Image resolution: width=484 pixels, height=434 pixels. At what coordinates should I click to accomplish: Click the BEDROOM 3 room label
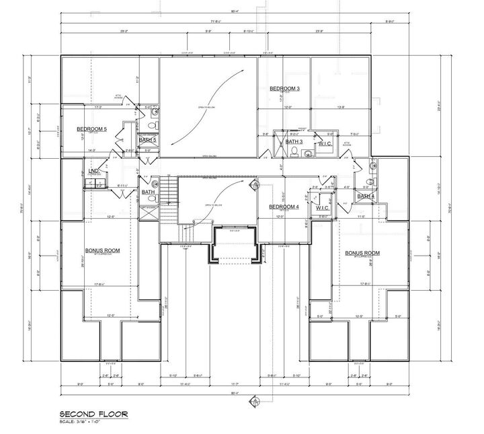[x=284, y=89]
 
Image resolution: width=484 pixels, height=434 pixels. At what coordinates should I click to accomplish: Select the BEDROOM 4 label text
[x=284, y=207]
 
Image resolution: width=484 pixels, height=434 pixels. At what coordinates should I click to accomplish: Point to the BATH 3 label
[x=294, y=142]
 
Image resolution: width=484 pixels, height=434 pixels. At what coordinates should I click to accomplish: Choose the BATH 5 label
[x=147, y=140]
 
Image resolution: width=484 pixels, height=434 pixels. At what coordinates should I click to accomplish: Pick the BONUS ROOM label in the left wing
[x=102, y=250]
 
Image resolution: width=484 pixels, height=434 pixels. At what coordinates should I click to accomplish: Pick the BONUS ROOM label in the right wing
[x=362, y=253]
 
